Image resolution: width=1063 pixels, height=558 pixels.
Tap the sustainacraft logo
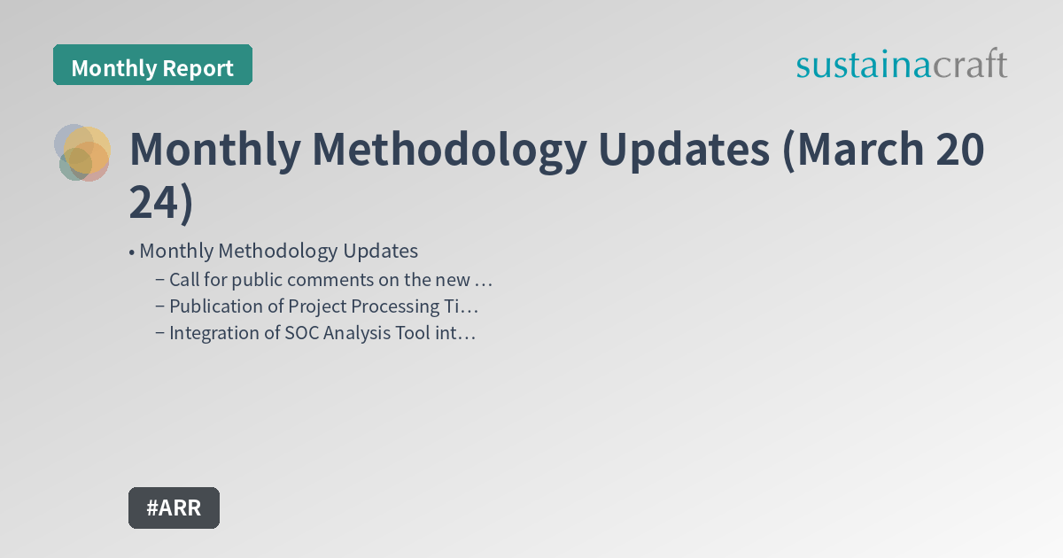[x=901, y=65]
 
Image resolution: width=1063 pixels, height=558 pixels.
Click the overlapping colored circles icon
[x=82, y=152]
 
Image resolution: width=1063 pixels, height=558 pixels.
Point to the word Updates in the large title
[x=684, y=150]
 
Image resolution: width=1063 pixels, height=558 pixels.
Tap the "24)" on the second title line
[x=160, y=203]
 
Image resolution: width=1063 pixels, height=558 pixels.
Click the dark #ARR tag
[x=174, y=508]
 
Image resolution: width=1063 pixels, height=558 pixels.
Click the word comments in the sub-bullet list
[x=306, y=280]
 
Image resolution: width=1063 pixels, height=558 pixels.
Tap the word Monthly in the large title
[x=214, y=150]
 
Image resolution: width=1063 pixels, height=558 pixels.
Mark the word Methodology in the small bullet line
[x=273, y=251]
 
